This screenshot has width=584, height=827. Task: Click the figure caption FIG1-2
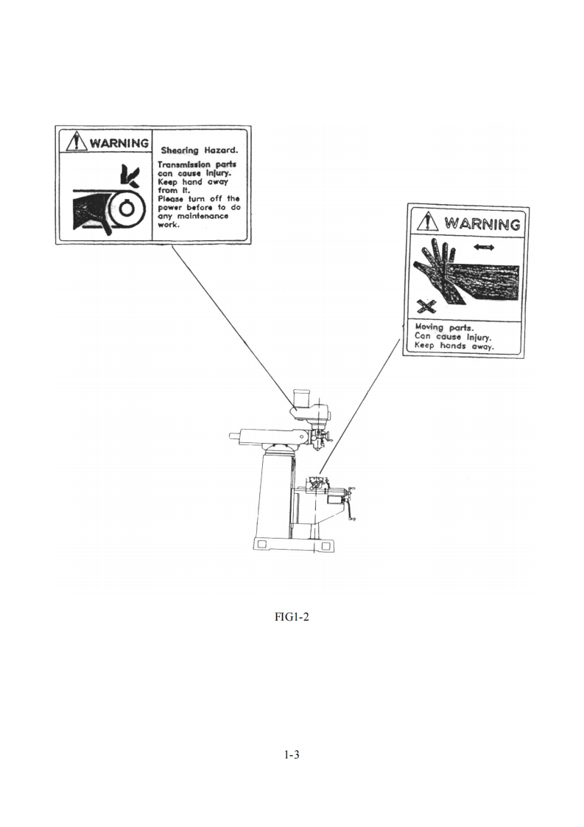(292, 616)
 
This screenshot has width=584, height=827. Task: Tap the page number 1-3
(292, 755)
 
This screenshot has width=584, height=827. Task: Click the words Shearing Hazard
(200, 151)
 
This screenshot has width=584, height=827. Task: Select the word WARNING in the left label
(119, 143)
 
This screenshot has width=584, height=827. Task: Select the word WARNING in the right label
(482, 223)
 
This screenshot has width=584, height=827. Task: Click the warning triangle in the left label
(77, 142)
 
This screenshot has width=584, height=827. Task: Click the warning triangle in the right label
(427, 222)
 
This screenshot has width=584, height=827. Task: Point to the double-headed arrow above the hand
(483, 248)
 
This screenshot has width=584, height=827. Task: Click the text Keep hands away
(454, 346)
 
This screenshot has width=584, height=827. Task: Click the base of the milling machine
(293, 544)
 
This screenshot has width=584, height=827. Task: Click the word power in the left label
(170, 208)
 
